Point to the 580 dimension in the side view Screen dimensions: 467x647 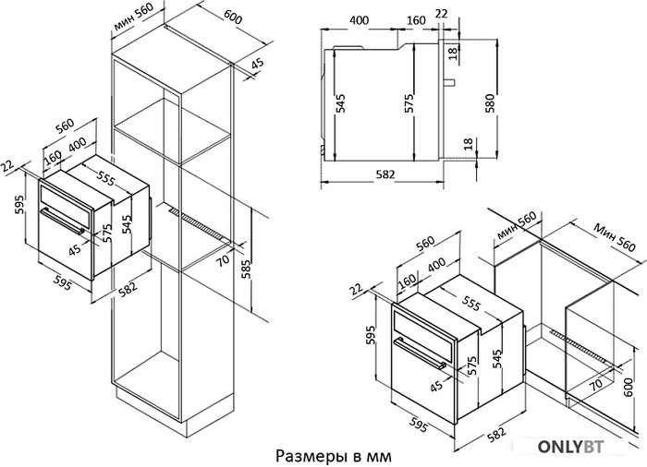click(491, 102)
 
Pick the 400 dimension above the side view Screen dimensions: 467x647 click(360, 21)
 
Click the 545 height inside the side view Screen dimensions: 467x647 click(341, 103)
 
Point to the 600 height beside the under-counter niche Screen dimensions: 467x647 click(629, 381)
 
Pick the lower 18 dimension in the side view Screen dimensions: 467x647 click(469, 145)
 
